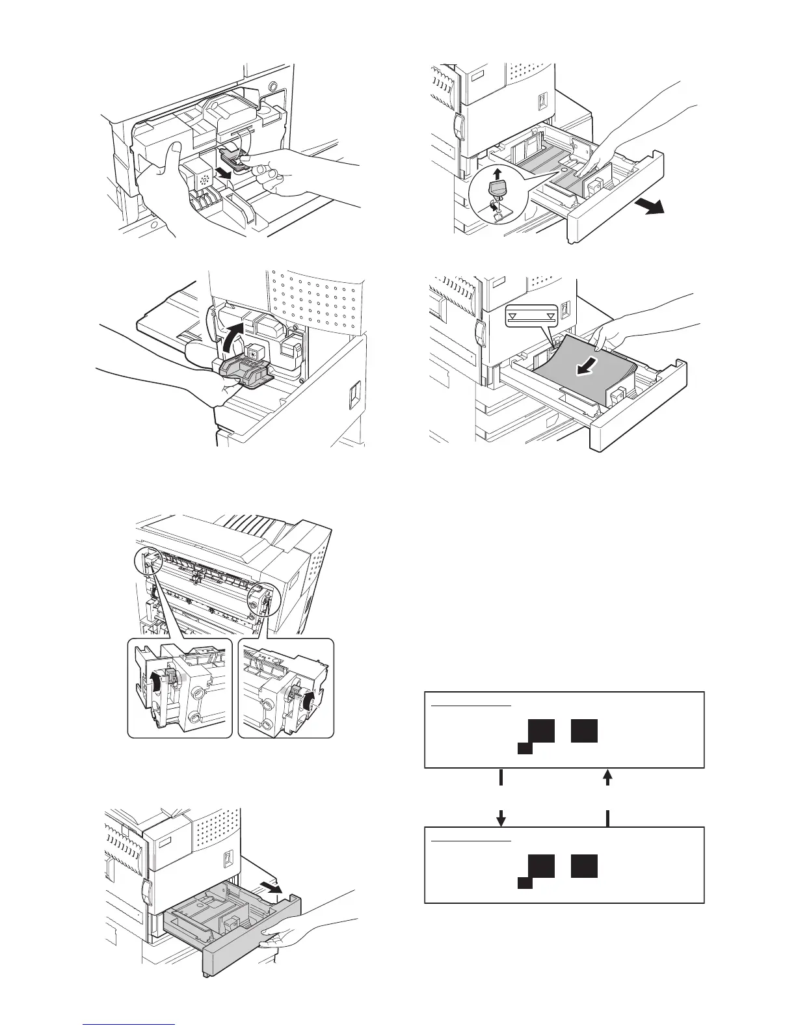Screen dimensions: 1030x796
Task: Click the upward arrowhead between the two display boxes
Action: pos(608,776)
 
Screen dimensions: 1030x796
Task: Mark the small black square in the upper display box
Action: pos(524,748)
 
